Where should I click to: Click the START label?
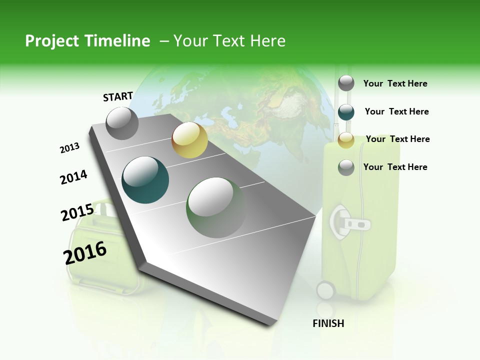[118, 96]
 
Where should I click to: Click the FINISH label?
[328, 323]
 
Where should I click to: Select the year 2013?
[69, 148]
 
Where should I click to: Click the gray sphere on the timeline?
[122, 123]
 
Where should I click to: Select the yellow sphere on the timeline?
[189, 140]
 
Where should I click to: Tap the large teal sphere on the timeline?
[145, 180]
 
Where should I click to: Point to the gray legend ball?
[346, 83]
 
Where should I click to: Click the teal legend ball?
[346, 112]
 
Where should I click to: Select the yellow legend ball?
[346, 140]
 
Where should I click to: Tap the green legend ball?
[346, 167]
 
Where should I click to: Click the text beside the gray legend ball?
[395, 83]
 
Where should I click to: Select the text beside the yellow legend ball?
[397, 139]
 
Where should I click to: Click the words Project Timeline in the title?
[87, 41]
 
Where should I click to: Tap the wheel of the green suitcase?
[325, 290]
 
